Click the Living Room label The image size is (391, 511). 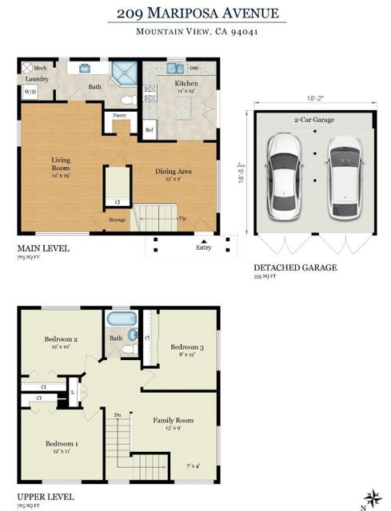[61, 164]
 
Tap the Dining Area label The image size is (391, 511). [172, 169]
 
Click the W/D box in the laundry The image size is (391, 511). [30, 92]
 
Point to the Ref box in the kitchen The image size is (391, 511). [149, 130]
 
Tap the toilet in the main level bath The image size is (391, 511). [126, 100]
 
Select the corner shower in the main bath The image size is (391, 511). [124, 74]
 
